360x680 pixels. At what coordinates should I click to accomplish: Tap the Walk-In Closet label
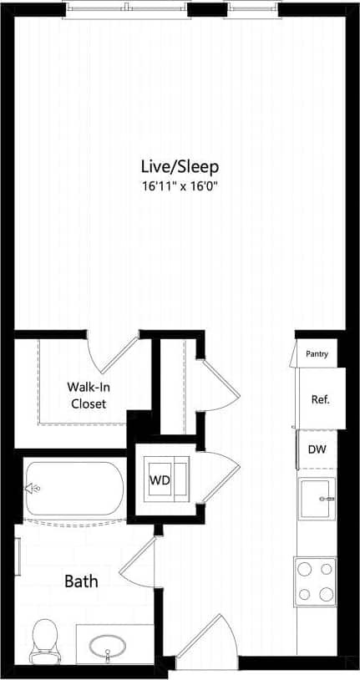click(x=87, y=395)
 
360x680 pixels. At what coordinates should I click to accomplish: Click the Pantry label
click(x=317, y=354)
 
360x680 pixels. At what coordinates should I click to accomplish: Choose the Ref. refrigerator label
click(x=320, y=398)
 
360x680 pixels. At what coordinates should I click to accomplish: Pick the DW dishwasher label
click(x=317, y=449)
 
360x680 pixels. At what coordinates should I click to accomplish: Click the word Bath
click(x=82, y=581)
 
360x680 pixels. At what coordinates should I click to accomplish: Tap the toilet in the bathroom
click(x=42, y=639)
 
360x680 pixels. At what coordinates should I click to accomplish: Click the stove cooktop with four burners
click(x=315, y=581)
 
